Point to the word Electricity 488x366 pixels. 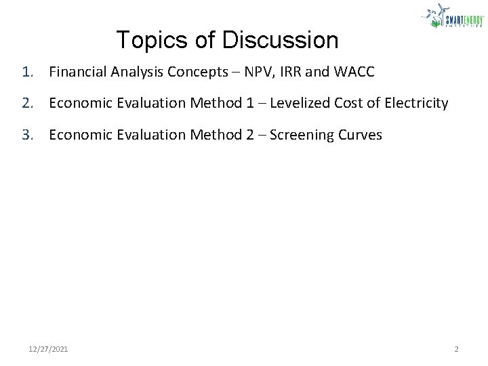(x=413, y=103)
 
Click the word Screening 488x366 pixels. (x=303, y=135)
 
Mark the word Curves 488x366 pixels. (x=359, y=135)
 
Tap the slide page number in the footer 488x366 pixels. (x=456, y=349)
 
